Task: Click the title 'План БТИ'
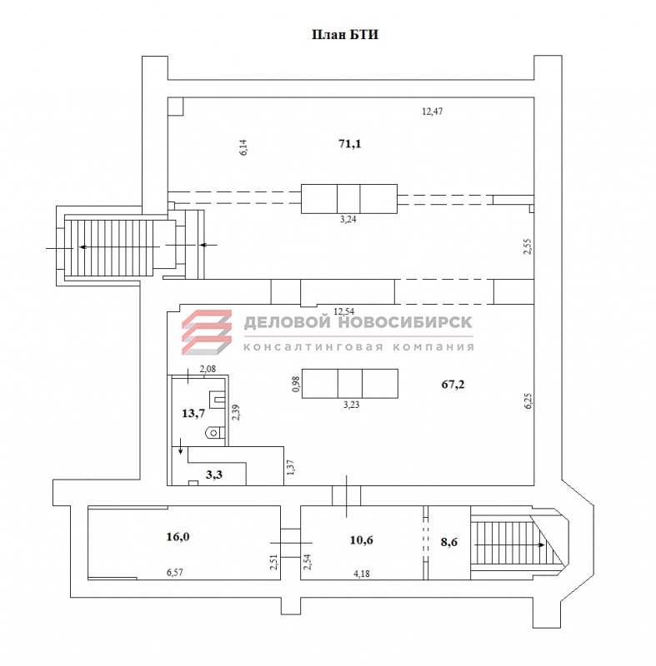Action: coord(345,34)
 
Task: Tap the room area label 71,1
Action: coord(350,144)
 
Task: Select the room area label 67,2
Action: coord(453,385)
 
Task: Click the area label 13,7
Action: coord(193,413)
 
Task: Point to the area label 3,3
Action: coord(214,475)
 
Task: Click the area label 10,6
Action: coord(362,539)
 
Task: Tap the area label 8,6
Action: coord(449,542)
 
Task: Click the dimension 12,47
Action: coord(433,112)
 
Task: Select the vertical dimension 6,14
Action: coord(243,147)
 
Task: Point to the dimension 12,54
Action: coord(343,311)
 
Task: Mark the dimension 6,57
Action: coord(175,572)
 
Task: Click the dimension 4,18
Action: coord(362,574)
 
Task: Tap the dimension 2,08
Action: coord(208,369)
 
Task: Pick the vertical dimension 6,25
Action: coord(528,400)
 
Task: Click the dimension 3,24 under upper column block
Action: coord(348,219)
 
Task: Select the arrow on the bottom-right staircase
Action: coord(509,544)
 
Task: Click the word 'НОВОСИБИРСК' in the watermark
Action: coord(405,322)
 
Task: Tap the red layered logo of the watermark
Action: coord(207,332)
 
